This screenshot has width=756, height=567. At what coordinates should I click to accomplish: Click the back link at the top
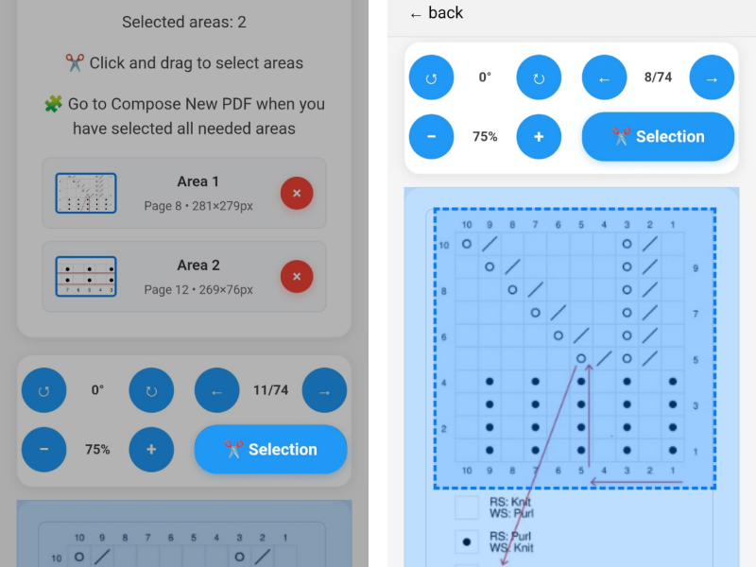coord(437,13)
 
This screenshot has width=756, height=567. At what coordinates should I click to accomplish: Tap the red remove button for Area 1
coord(297,193)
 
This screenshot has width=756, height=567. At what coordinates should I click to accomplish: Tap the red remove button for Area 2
coord(297,276)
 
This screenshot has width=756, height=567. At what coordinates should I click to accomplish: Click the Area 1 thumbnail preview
coord(86,193)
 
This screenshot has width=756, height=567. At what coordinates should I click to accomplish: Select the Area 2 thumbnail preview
coord(86,276)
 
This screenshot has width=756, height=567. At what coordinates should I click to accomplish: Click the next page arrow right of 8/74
coord(712,77)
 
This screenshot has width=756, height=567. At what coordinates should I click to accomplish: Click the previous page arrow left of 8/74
coord(604,77)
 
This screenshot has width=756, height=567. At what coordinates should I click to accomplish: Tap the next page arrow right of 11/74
coord(324,390)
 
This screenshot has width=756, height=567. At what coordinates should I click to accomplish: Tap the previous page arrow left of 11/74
coord(217,390)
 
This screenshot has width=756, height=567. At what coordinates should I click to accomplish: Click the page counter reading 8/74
coord(658,77)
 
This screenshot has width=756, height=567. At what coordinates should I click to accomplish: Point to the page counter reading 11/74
coord(271,390)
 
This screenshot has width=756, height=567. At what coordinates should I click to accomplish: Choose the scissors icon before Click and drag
coord(75,62)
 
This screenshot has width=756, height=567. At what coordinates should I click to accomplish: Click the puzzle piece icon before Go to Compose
coord(54,104)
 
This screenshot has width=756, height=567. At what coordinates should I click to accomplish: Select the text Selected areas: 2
coord(184,22)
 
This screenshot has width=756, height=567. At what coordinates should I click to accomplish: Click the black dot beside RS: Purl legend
coord(466,541)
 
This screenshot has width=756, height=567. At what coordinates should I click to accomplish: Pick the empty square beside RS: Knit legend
coord(466,507)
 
